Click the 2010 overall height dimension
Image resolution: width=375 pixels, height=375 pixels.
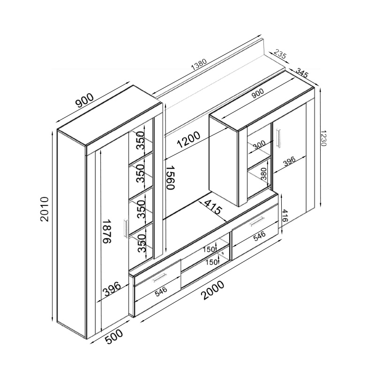pos(45,209)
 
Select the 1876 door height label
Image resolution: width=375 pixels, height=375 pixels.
pos(106,231)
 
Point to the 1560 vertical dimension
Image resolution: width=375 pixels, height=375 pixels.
pos(170,178)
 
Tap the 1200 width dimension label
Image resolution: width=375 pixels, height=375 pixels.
pos(188,139)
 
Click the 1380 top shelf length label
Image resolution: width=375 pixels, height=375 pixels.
pos(198,64)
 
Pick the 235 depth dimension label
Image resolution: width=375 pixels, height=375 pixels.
pos(280,54)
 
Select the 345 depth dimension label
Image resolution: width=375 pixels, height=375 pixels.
pos(301,73)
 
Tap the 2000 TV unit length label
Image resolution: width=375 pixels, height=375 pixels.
pos(214,290)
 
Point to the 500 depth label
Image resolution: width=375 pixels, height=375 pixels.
pos(114,337)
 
